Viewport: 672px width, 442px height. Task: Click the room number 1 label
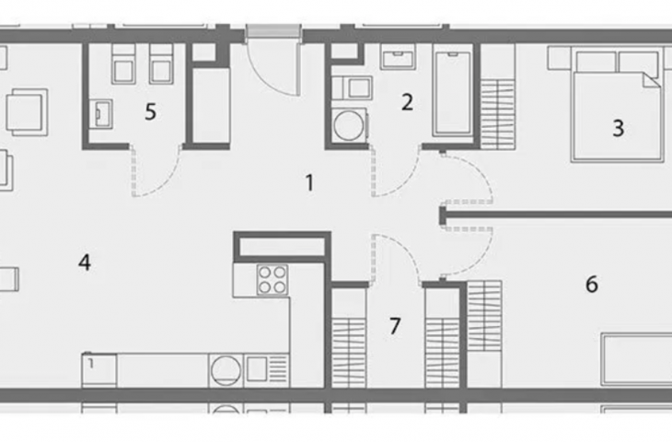click(310, 182)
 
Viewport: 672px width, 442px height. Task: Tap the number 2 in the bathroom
click(407, 102)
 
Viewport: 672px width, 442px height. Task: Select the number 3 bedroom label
click(618, 128)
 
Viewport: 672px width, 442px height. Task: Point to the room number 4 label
click(85, 262)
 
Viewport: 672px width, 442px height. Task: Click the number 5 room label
click(150, 112)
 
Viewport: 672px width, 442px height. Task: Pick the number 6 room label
click(591, 285)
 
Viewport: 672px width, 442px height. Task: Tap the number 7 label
click(395, 326)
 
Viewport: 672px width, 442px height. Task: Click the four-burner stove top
click(272, 280)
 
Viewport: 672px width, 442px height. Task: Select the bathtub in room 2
click(452, 93)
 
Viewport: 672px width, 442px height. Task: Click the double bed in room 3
click(617, 105)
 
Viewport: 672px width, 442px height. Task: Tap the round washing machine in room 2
click(349, 126)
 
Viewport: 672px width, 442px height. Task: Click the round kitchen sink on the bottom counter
click(226, 371)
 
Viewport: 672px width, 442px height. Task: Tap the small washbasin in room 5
click(101, 114)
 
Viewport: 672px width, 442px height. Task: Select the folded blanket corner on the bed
click(652, 80)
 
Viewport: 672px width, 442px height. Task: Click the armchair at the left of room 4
click(27, 112)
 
